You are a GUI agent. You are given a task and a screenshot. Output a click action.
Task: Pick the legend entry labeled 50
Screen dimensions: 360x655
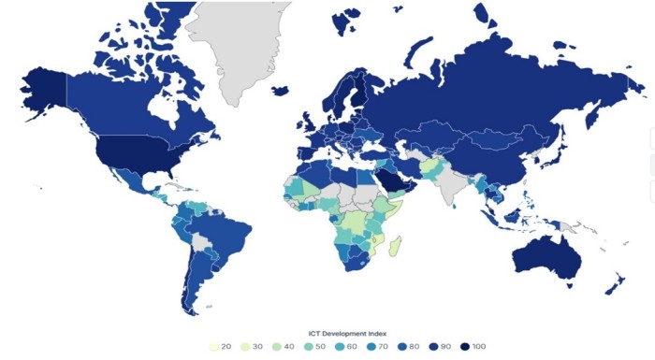point(314,347)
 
